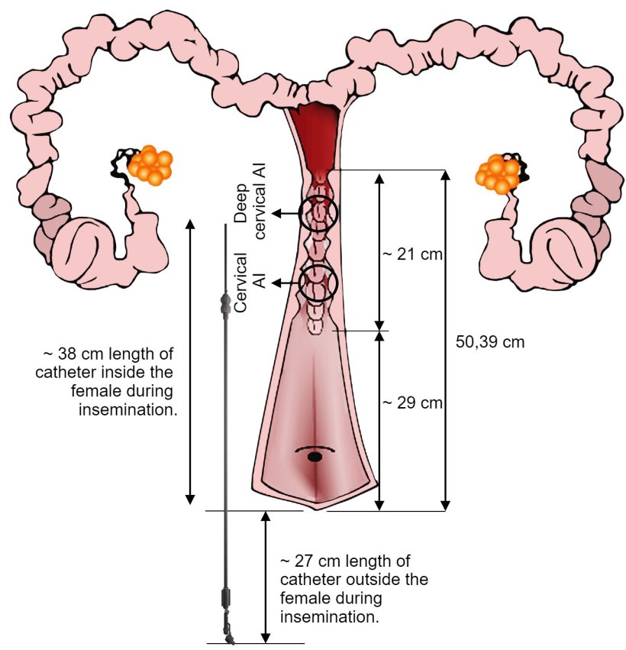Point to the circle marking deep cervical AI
(318, 213)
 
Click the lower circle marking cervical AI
(317, 282)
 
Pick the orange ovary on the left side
(150, 164)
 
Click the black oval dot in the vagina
(314, 457)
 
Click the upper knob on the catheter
(226, 303)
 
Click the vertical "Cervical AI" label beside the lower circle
(249, 281)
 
